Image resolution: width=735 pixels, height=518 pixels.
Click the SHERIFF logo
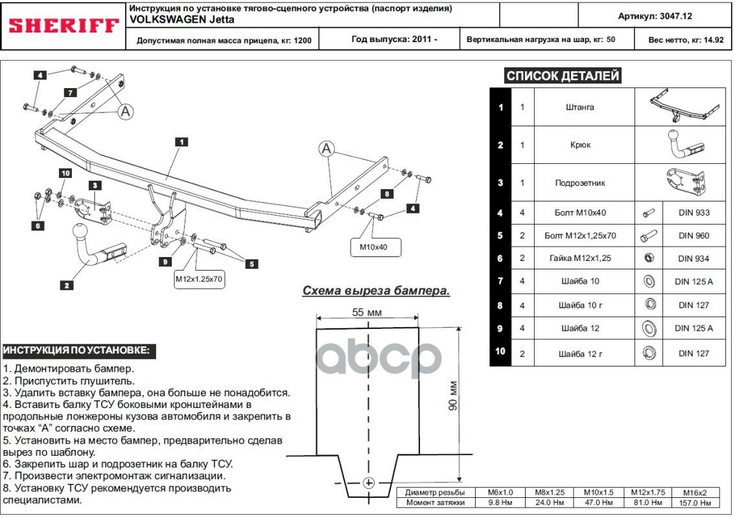coord(64,26)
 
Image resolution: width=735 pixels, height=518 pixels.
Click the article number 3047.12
coord(664,16)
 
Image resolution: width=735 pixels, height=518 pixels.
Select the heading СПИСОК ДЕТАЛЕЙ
coord(563,76)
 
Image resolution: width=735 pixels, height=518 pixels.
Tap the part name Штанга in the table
coord(580,107)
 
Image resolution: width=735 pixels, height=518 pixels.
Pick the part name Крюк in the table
coord(580,145)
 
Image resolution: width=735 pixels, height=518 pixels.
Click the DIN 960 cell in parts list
coord(694,236)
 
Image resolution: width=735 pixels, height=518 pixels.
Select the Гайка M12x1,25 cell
coord(580,258)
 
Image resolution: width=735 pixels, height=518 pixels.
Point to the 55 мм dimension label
coord(367,312)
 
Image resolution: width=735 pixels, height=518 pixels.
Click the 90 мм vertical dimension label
coord(453,396)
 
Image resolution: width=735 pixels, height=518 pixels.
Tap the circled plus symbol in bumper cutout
coord(368,483)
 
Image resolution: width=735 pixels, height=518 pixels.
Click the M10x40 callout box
coord(376,247)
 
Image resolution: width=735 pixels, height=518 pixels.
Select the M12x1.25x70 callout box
coord(200,279)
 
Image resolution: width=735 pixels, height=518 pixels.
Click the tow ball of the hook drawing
coord(80,232)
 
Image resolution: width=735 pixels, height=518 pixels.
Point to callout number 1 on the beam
coord(181,141)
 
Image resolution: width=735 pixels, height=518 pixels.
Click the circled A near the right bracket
coord(325,149)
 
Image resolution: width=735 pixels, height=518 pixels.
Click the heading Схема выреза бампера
coord(376,291)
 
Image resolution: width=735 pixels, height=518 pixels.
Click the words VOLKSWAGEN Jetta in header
coord(169,19)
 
